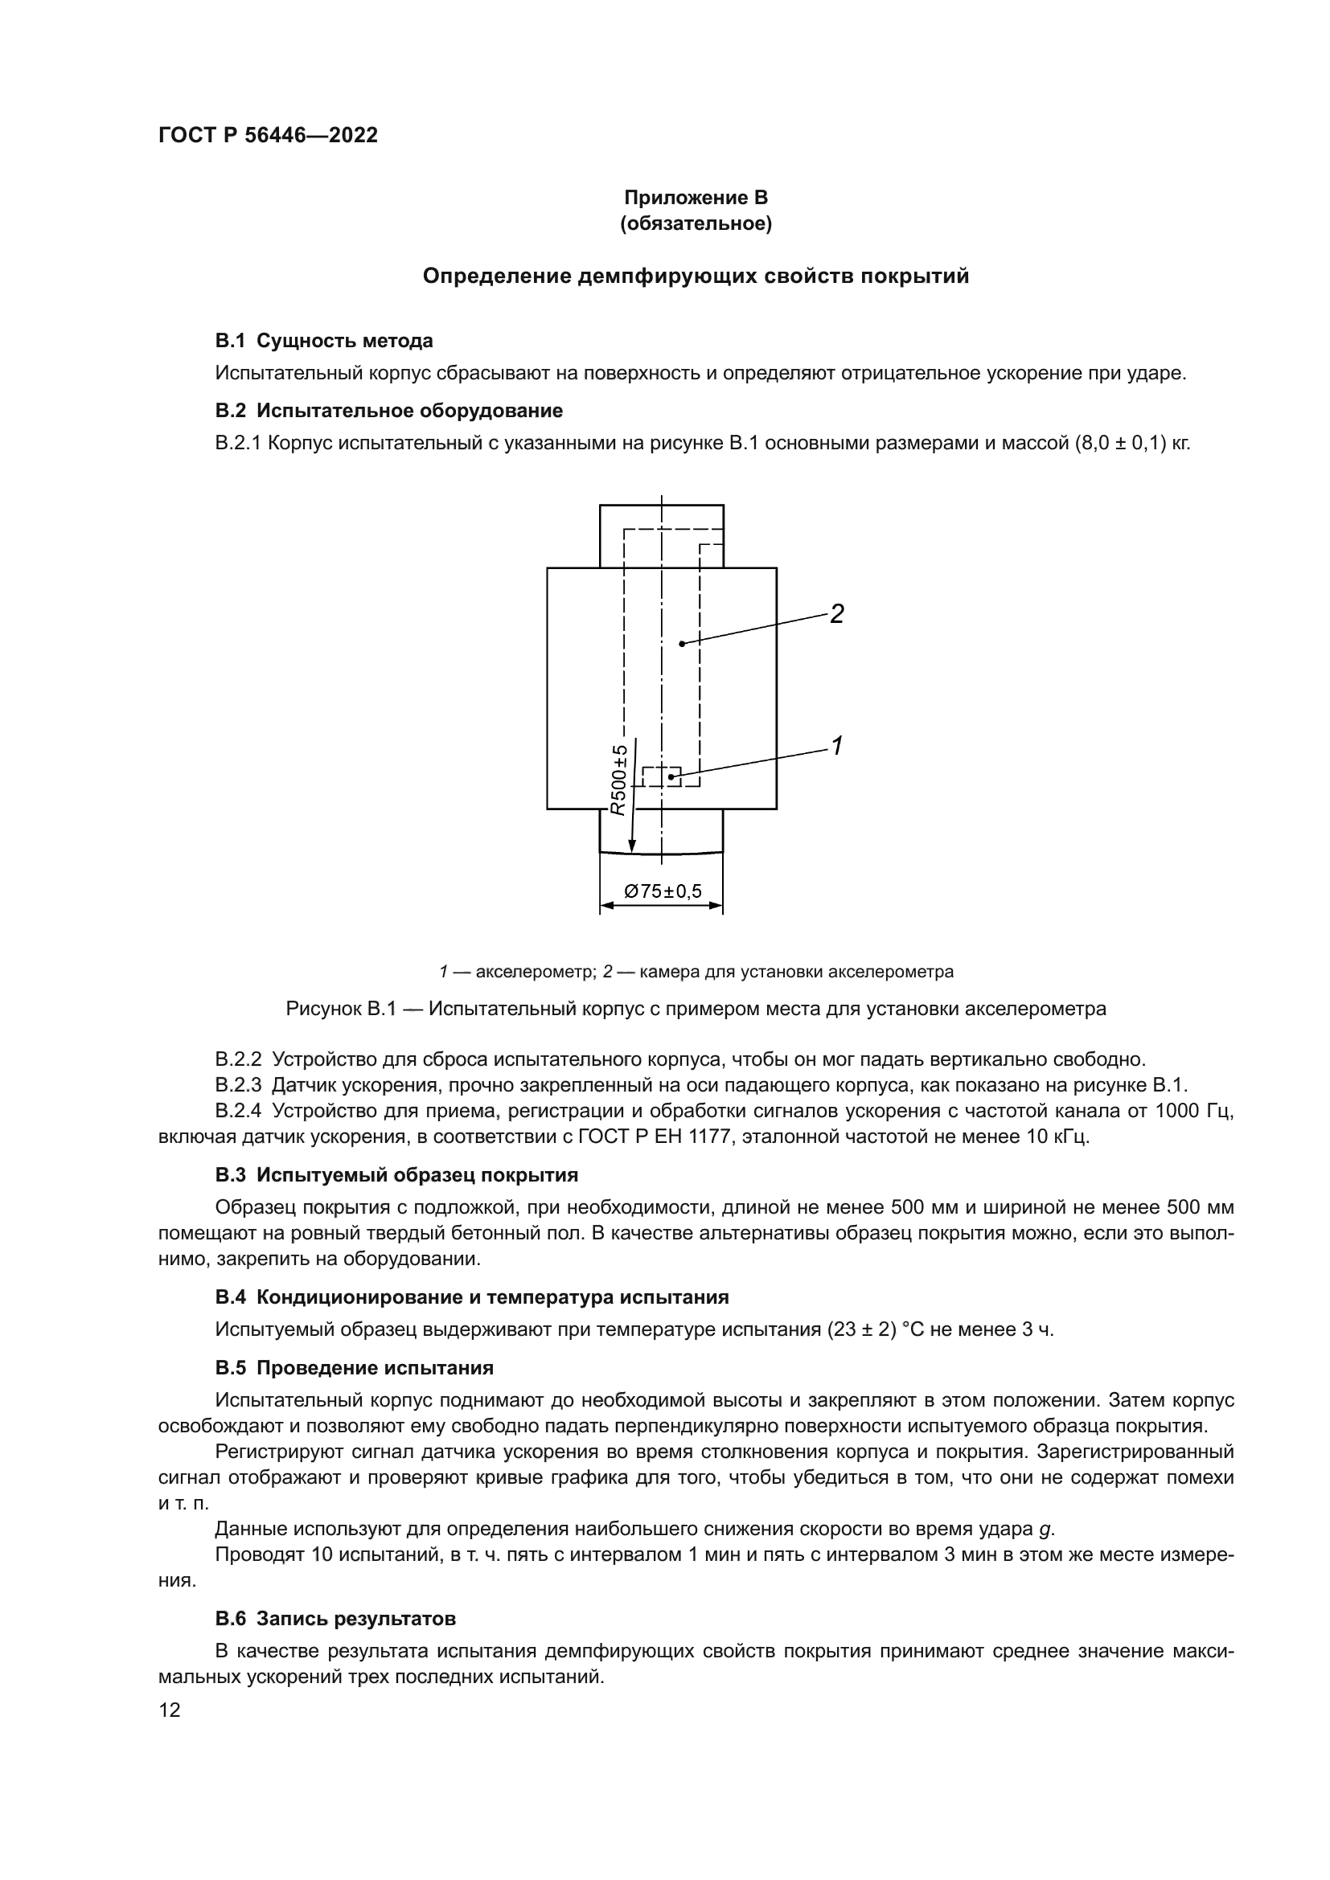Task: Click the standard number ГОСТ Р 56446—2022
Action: [x=268, y=136]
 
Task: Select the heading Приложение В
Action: [x=696, y=198]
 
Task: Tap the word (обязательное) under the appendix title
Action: [x=696, y=224]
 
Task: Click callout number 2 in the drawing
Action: [x=836, y=613]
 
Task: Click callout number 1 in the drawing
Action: [x=837, y=745]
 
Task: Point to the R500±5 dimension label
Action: [x=619, y=780]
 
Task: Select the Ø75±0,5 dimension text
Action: [x=663, y=891]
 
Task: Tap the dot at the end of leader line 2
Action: [x=681, y=644]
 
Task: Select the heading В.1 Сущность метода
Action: [x=323, y=341]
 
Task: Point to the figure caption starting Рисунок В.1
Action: [x=696, y=1009]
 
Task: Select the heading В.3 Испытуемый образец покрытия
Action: [x=396, y=1175]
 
